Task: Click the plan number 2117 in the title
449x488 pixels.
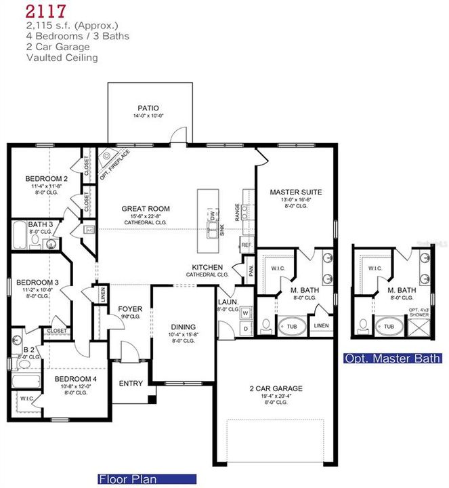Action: click(x=47, y=10)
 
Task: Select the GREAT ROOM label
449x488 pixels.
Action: click(x=146, y=209)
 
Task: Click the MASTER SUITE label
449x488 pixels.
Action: click(x=295, y=192)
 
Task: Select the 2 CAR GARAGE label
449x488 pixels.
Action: click(x=276, y=388)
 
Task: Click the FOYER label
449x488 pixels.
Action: click(x=130, y=309)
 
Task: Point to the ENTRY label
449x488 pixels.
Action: click(x=131, y=384)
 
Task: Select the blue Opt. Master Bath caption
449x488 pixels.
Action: click(x=392, y=359)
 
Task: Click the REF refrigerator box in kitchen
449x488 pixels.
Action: click(x=247, y=245)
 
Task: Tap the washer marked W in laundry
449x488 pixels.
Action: click(x=246, y=313)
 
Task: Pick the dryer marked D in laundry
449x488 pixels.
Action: click(x=246, y=329)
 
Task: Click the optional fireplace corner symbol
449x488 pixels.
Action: click(x=107, y=160)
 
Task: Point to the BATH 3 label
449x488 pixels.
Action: click(x=41, y=224)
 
